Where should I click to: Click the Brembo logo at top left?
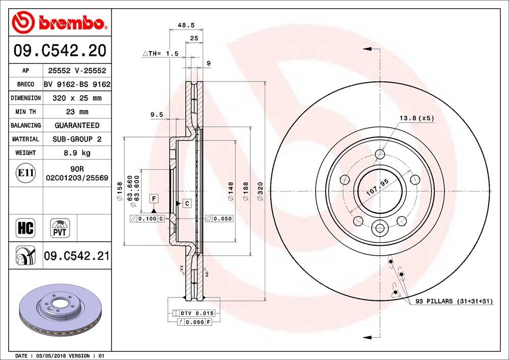pos(59,22)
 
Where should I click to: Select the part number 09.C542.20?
pos(60,51)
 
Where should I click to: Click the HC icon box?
pos(25,228)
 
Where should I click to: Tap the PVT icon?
pos(60,228)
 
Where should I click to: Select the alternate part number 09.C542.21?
pos(76,256)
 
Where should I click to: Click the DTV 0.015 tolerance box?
pos(194,313)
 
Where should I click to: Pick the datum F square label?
pos(153,198)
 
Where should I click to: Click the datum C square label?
pos(187,204)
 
